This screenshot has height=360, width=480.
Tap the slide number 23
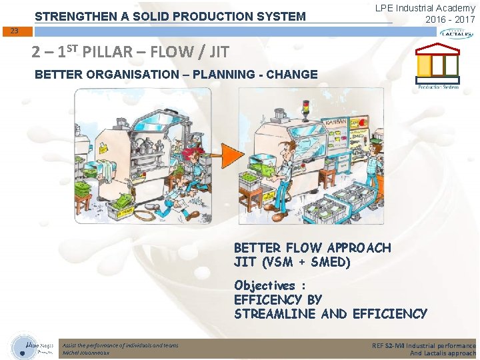(15, 31)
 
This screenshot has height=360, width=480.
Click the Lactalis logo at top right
(456, 33)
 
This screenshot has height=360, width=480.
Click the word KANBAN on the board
(338, 125)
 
